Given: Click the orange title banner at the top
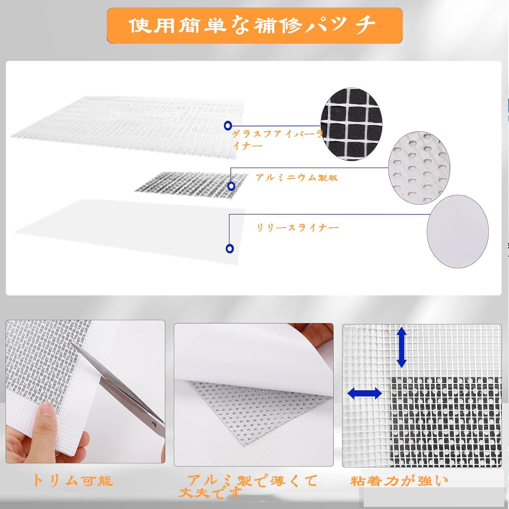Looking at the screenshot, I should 254,25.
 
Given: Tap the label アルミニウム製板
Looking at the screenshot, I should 297,177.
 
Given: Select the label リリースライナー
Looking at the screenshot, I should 297,228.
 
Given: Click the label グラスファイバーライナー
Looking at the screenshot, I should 277,139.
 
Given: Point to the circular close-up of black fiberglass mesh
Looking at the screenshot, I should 352,124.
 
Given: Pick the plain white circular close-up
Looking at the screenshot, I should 457,231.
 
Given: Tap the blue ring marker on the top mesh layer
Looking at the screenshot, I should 228,126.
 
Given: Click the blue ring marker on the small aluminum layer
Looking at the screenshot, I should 231,186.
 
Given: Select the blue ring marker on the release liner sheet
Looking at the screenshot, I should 230,248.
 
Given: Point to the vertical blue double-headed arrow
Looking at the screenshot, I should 401,347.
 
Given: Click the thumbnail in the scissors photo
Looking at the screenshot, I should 47,413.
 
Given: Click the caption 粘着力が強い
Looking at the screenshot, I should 399,480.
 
